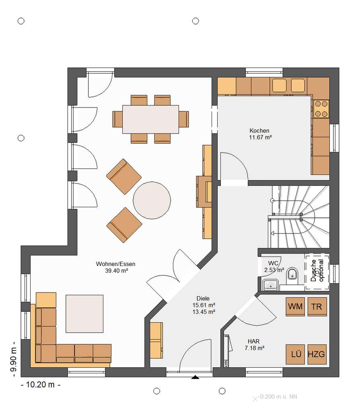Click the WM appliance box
tap(295, 306)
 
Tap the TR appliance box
tap(317, 306)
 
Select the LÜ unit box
tap(295, 354)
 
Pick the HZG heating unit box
tap(317, 354)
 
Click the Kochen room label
tap(259, 131)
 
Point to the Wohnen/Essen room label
tap(115, 264)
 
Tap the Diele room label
tap(203, 299)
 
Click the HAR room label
tap(253, 341)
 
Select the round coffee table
tap(152, 200)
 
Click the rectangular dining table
tap(150, 119)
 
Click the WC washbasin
tap(270, 284)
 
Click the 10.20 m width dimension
tap(41, 385)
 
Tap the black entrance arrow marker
tap(195, 377)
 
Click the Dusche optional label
tap(317, 271)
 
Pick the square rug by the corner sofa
tap(84, 314)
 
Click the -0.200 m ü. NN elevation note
tap(278, 397)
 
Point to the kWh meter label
tap(226, 363)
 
